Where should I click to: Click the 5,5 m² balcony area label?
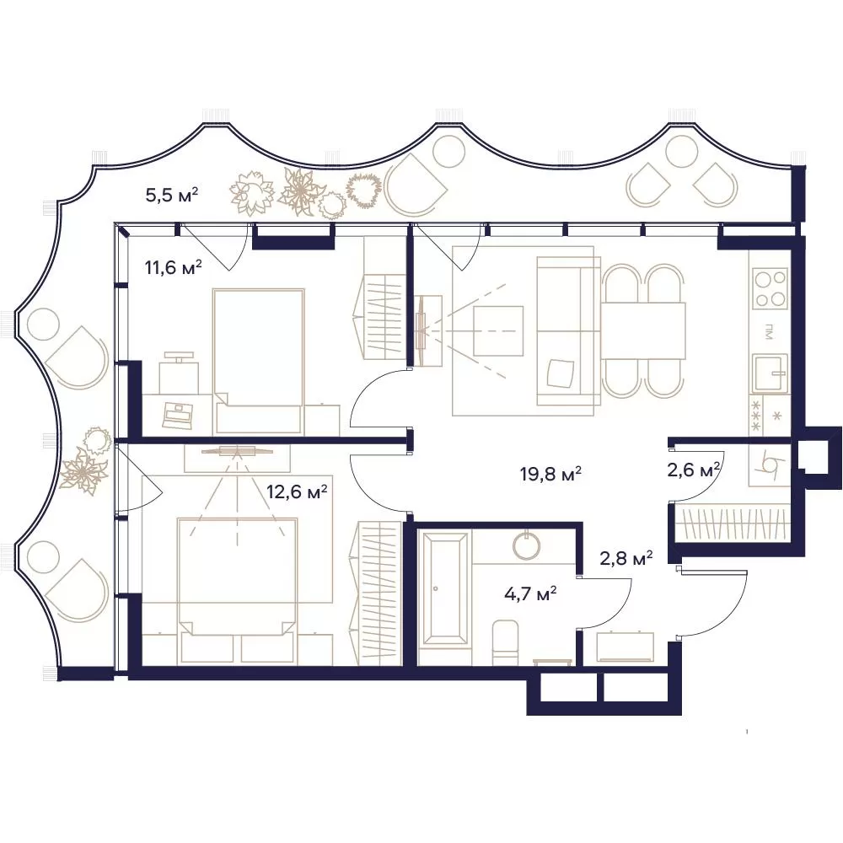pos(172,194)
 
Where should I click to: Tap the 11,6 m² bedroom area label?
pos(173,266)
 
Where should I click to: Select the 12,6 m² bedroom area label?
pos(297,491)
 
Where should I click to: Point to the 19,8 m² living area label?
pos(550,474)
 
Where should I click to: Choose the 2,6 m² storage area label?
pos(694,470)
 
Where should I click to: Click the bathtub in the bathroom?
pos(444,588)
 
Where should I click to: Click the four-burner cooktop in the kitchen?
pos(770,288)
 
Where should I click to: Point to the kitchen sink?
pos(770,373)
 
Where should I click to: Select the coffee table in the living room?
pos(498,330)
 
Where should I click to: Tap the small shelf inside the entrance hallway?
pos(625,647)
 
